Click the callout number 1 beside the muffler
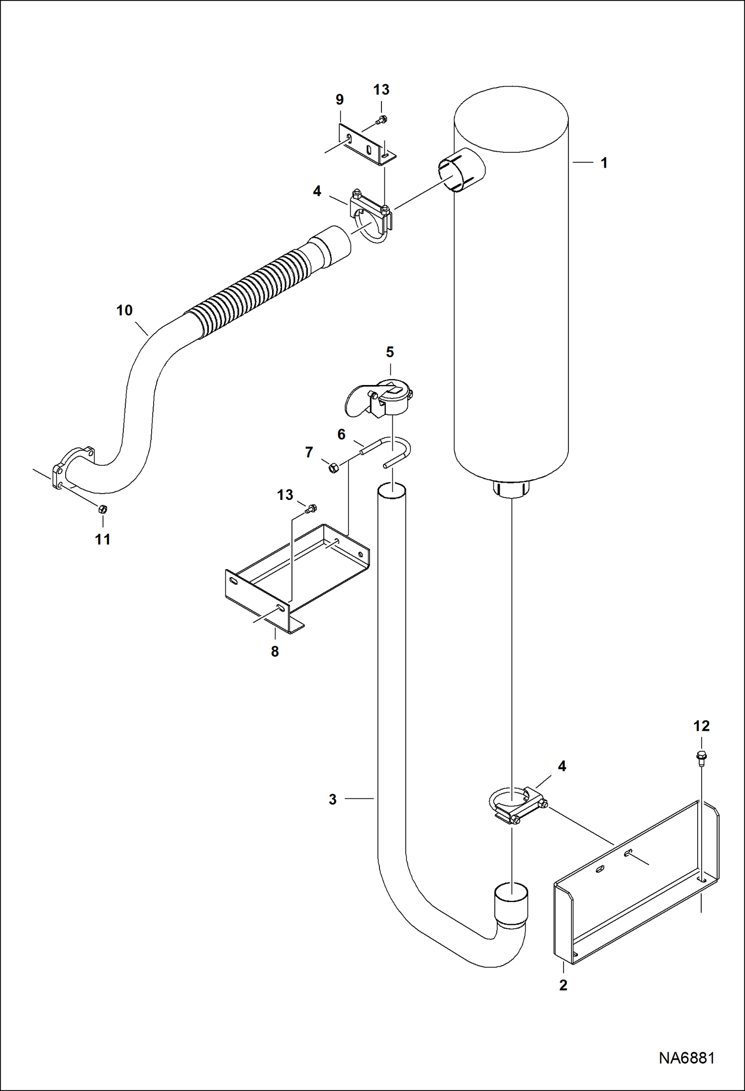point(604,163)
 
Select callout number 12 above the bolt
point(701,726)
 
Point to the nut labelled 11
point(103,509)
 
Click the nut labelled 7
point(334,467)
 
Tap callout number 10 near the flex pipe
point(124,310)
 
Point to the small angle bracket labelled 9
point(366,144)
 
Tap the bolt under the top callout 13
point(382,119)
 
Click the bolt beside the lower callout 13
point(312,508)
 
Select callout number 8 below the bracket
point(275,651)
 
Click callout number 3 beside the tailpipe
point(333,799)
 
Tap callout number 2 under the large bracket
point(563,985)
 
